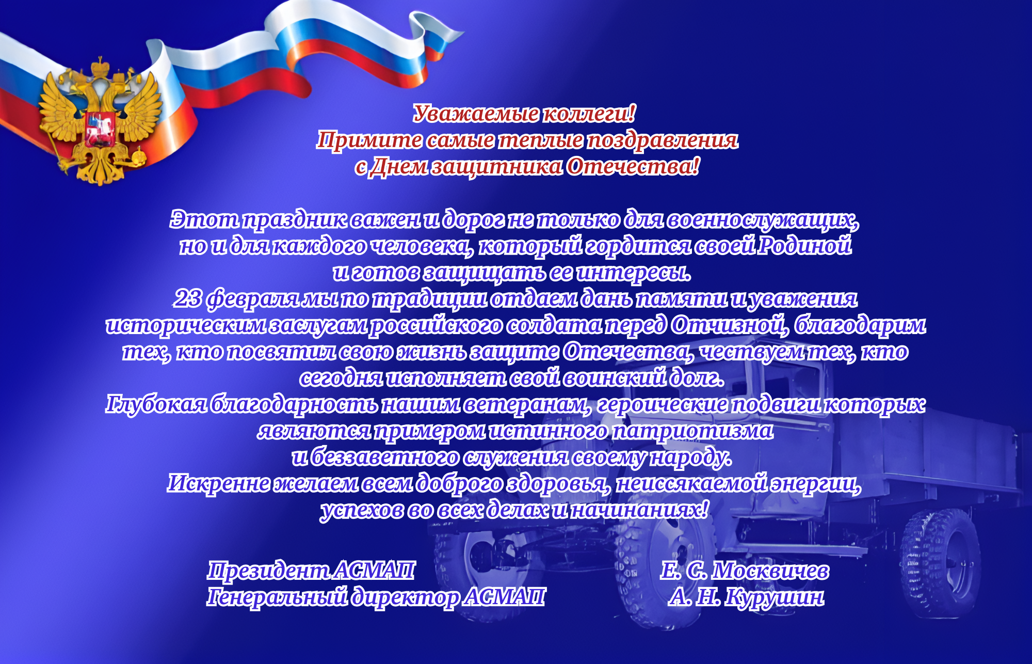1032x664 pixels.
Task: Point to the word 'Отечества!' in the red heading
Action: point(633,166)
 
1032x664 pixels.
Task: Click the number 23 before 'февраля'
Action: point(188,298)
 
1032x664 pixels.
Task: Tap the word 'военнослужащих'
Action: point(762,220)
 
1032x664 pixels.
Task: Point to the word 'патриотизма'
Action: point(692,431)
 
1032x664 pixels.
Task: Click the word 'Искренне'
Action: point(218,483)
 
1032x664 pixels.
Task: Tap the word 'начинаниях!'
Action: point(639,510)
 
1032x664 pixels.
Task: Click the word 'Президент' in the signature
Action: point(268,571)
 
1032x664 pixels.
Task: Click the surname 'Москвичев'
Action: point(770,571)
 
